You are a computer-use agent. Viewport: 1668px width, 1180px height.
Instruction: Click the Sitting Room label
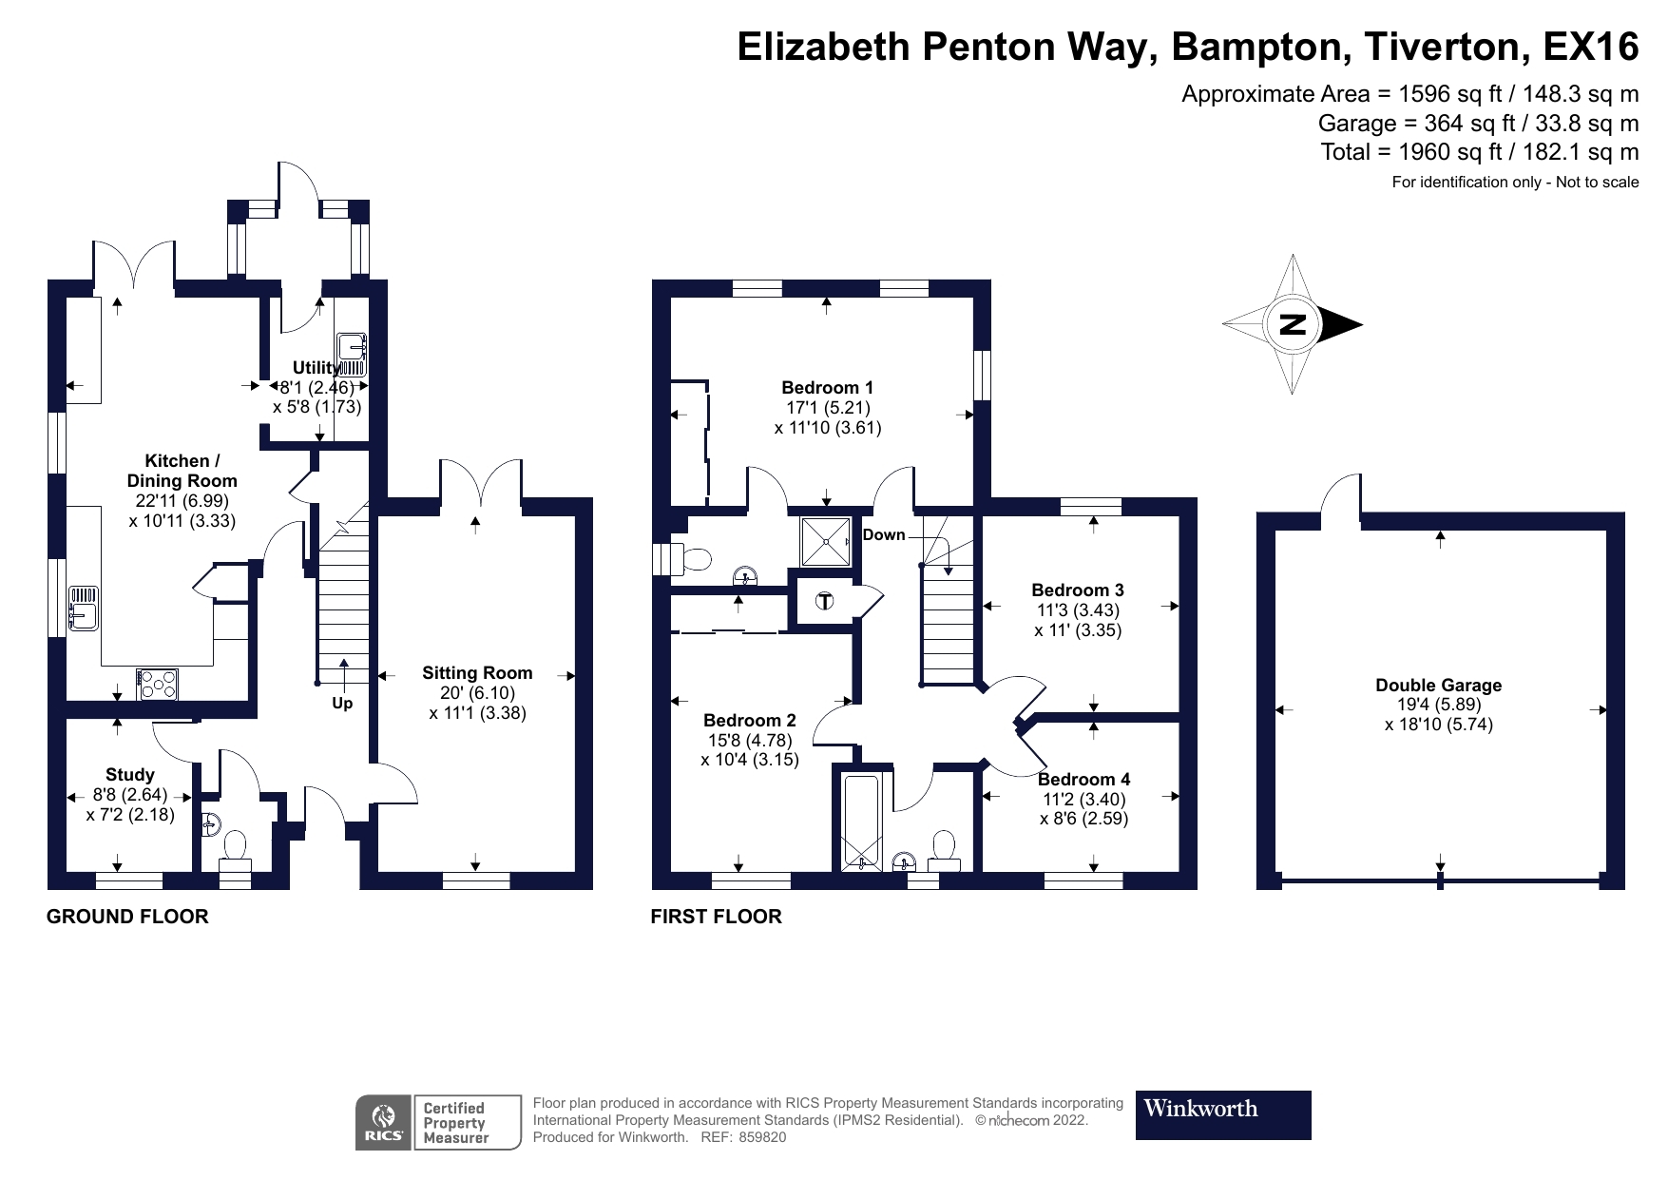pyautogui.click(x=477, y=673)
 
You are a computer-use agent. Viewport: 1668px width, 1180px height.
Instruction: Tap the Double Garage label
pyautogui.click(x=1438, y=685)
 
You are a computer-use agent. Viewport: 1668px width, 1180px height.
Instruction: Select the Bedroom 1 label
pyautogui.click(x=827, y=387)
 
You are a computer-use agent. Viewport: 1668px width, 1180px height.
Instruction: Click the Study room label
pyautogui.click(x=130, y=774)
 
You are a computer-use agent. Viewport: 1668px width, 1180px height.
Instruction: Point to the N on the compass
pyautogui.click(x=1293, y=324)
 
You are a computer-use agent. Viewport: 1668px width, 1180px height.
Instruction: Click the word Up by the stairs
pyautogui.click(x=342, y=703)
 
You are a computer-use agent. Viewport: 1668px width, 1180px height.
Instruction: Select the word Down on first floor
pyautogui.click(x=884, y=534)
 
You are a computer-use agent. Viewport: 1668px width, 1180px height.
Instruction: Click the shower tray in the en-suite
pyautogui.click(x=826, y=541)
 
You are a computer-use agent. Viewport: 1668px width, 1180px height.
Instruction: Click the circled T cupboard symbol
pyautogui.click(x=824, y=601)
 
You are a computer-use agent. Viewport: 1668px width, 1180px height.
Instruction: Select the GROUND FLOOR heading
pyautogui.click(x=127, y=917)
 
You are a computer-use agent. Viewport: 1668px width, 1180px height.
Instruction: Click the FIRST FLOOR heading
pyautogui.click(x=716, y=917)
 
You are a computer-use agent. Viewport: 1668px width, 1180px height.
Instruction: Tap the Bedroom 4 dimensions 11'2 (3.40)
pyautogui.click(x=1083, y=799)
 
